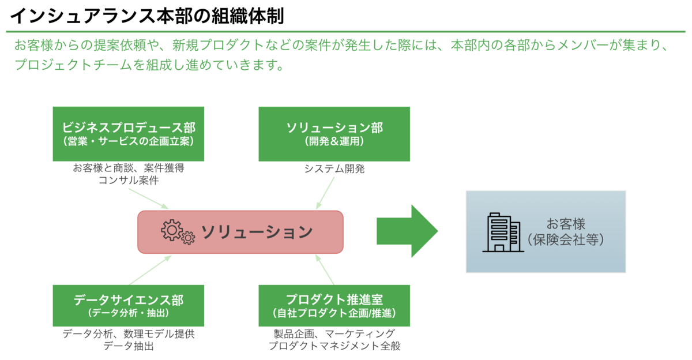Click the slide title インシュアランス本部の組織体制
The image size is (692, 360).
click(x=147, y=16)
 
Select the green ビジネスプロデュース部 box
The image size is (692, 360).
click(x=129, y=134)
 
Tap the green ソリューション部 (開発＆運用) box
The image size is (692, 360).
click(x=334, y=134)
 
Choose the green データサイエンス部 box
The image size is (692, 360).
click(x=129, y=306)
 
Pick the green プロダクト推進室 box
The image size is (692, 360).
click(x=334, y=306)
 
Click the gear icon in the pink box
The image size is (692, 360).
click(x=178, y=232)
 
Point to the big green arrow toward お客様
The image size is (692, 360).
click(x=407, y=231)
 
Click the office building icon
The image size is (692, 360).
click(x=503, y=232)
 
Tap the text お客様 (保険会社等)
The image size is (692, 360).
click(x=566, y=232)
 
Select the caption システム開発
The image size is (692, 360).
click(x=334, y=168)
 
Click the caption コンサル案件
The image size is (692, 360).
click(x=129, y=180)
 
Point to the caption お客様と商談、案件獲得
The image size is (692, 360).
click(x=129, y=168)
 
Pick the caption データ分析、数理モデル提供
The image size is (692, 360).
click(x=129, y=333)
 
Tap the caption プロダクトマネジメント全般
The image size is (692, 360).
click(x=334, y=346)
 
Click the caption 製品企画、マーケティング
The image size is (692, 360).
click(x=334, y=333)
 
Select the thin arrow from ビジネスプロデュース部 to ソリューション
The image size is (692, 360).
click(x=148, y=198)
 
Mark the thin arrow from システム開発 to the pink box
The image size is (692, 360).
click(x=325, y=193)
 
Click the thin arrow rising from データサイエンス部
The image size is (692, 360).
click(x=150, y=270)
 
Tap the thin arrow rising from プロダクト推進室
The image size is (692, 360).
click(x=325, y=269)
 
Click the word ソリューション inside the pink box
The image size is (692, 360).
click(x=257, y=232)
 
